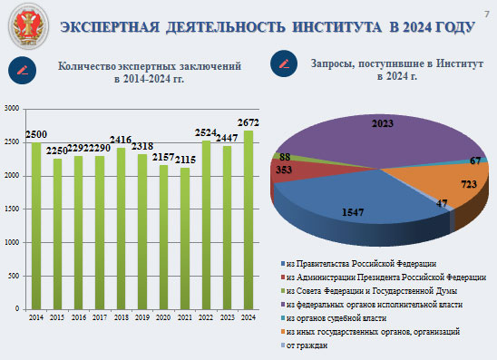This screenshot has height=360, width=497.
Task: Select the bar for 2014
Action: [36, 226]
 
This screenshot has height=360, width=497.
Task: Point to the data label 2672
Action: [248, 122]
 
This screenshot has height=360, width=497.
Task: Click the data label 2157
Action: [163, 157]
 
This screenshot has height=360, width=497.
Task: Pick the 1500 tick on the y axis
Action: [12, 209]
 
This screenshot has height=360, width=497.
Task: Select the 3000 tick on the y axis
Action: [12, 109]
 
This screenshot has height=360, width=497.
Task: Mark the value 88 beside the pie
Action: [285, 156]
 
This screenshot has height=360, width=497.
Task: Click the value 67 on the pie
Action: [473, 161]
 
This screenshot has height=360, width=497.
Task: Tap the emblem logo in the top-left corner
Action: [24, 27]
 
